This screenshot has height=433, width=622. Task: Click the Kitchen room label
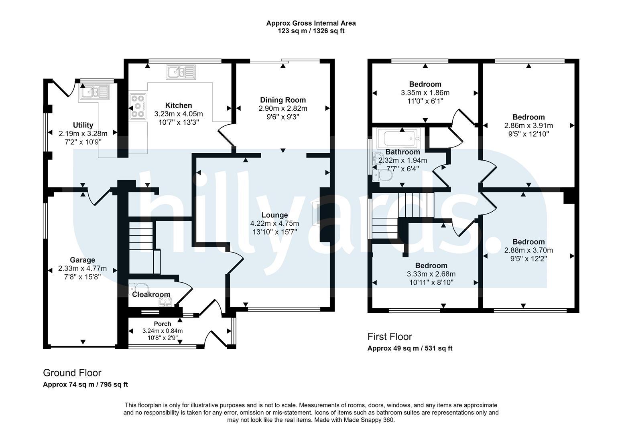pyautogui.click(x=179, y=105)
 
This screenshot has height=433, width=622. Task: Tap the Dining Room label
pyautogui.click(x=283, y=100)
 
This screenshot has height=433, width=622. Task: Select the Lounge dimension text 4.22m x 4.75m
pyautogui.click(x=274, y=223)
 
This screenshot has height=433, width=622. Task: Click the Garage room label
pyautogui.click(x=83, y=260)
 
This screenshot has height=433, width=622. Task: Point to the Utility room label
pyautogui.click(x=83, y=125)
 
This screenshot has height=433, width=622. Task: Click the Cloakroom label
pyautogui.click(x=151, y=294)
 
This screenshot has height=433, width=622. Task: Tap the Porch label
pyautogui.click(x=163, y=324)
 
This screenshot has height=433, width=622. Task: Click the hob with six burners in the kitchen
pyautogui.click(x=138, y=106)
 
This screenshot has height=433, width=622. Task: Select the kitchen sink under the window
pyautogui.click(x=181, y=72)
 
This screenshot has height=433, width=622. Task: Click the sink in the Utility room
pyautogui.click(x=94, y=92)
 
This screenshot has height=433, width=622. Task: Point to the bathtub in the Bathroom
pyautogui.click(x=398, y=138)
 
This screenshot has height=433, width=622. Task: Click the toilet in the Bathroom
pyautogui.click(x=383, y=175)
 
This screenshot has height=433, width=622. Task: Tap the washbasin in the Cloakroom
pyautogui.click(x=166, y=302)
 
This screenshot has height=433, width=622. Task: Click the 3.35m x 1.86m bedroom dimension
pyautogui.click(x=425, y=93)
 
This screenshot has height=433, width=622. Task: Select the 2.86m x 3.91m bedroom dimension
pyautogui.click(x=528, y=125)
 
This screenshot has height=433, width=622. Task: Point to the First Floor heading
pyautogui.click(x=390, y=336)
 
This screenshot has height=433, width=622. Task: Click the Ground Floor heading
pyautogui.click(x=72, y=373)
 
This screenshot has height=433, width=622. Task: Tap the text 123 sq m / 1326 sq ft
pyautogui.click(x=311, y=31)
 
